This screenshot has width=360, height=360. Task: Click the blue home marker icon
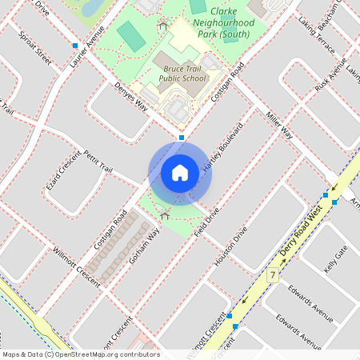pos(180,172)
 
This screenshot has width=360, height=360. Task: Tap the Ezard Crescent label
pos(63,170)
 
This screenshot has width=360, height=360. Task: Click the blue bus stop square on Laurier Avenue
pos(75,46)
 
